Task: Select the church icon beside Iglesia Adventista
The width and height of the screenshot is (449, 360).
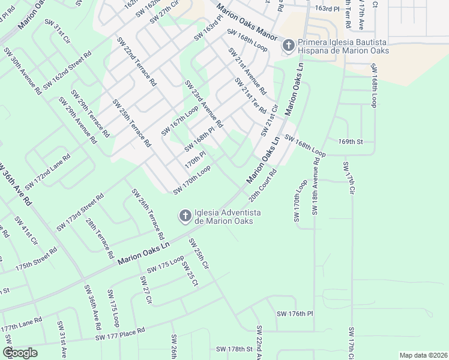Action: (x=185, y=215)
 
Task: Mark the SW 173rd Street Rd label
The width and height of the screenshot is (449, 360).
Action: (x=80, y=212)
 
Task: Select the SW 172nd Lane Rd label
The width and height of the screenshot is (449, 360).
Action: (x=47, y=172)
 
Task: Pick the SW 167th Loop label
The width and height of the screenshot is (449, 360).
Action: (x=179, y=121)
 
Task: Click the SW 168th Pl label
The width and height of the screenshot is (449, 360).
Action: (x=199, y=139)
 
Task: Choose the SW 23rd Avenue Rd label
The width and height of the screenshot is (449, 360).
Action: (x=204, y=104)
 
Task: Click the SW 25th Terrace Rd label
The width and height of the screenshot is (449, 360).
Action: (x=131, y=122)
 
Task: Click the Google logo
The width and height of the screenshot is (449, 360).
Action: (x=20, y=353)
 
